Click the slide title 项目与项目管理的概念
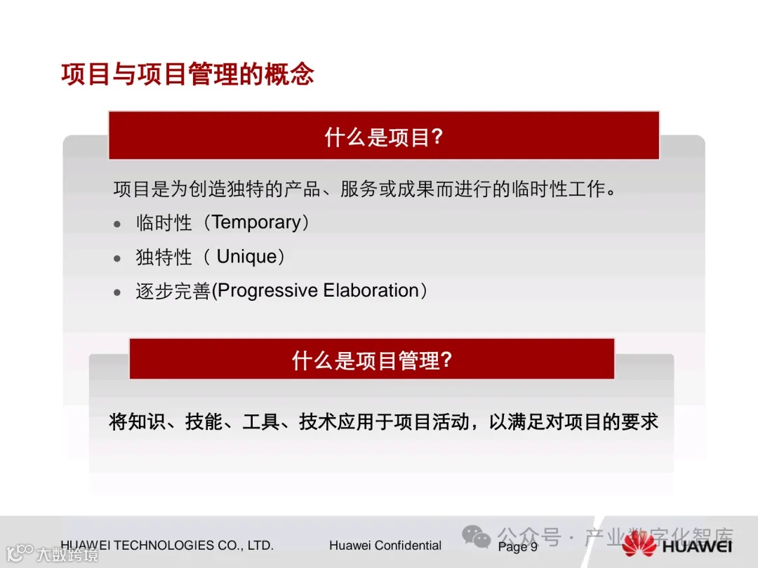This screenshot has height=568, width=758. (187, 74)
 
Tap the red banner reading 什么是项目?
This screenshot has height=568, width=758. (383, 136)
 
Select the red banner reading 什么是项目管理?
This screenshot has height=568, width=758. (371, 360)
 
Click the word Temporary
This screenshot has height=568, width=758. (256, 222)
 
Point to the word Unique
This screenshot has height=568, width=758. (246, 257)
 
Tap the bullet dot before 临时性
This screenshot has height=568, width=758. (117, 224)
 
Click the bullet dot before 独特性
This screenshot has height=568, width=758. (117, 259)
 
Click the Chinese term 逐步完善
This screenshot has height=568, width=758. (173, 292)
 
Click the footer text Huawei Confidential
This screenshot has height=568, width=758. (385, 546)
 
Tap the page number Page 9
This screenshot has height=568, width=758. (517, 547)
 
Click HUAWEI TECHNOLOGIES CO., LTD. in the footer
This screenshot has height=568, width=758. (167, 546)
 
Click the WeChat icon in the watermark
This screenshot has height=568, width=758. (477, 538)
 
